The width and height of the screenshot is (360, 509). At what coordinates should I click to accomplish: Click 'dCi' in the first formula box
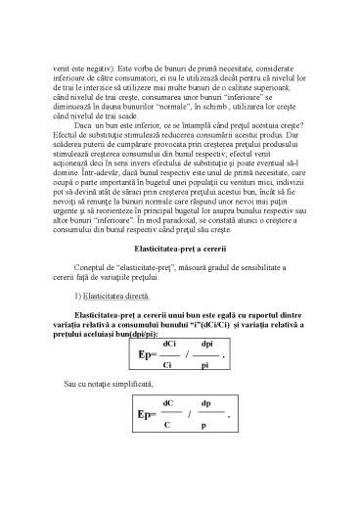[169, 371]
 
